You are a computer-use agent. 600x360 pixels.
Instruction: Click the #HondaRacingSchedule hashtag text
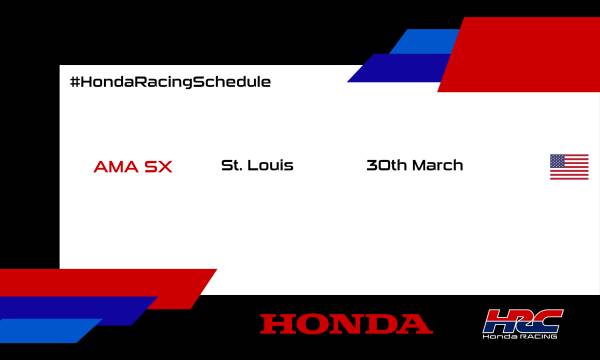pos(170,81)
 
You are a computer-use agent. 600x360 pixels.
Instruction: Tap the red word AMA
pos(112,166)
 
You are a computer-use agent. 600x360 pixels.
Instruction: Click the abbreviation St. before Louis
pos(230,165)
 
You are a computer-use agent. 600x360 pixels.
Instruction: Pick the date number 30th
pos(387,165)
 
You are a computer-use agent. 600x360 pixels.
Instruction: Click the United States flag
pos(569,167)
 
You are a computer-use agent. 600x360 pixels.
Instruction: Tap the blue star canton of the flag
pos(558,160)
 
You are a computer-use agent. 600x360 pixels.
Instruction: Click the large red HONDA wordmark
pos(346,324)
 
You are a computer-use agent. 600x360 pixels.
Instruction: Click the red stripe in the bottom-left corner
pos(100,282)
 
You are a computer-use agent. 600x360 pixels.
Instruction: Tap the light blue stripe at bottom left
pos(45,331)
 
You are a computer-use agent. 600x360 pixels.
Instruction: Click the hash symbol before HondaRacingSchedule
pos(75,81)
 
